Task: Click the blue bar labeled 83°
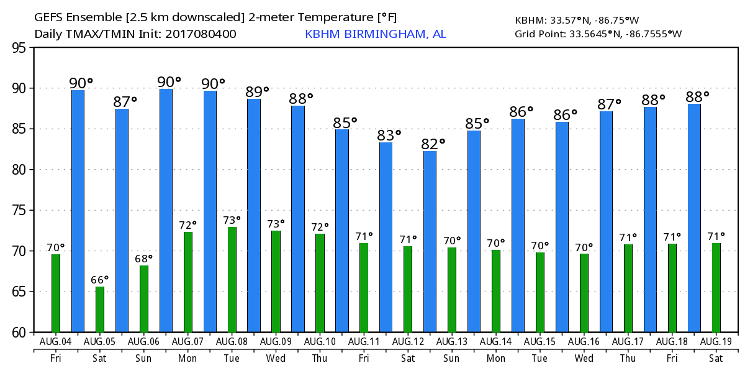[386, 237]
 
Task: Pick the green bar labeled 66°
[100, 309]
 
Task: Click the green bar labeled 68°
[144, 298]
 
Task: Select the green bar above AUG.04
[56, 293]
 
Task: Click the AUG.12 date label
[407, 342]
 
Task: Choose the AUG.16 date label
[584, 342]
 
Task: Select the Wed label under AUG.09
[276, 359]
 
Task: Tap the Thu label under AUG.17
[628, 359]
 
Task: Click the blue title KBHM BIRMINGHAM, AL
[375, 34]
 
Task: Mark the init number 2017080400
[201, 34]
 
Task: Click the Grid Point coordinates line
[598, 34]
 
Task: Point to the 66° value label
[100, 280]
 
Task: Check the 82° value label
[434, 144]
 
